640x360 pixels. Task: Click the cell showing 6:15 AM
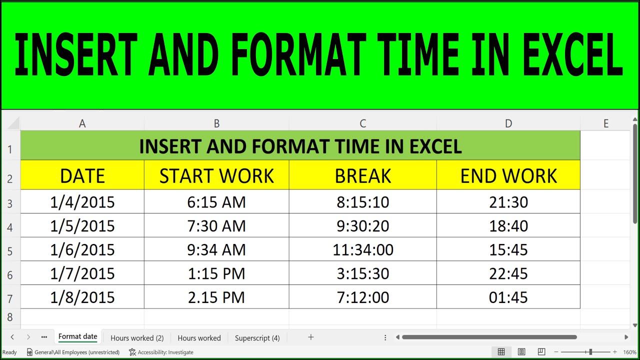pyautogui.click(x=216, y=202)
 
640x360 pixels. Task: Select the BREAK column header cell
pyautogui.click(x=362, y=175)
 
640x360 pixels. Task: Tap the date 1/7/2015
pyautogui.click(x=82, y=273)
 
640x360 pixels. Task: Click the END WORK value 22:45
pyautogui.click(x=508, y=273)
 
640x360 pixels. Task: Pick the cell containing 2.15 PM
pyautogui.click(x=216, y=297)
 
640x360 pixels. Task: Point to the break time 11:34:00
pyautogui.click(x=362, y=249)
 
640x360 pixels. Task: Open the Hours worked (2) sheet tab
pyautogui.click(x=137, y=338)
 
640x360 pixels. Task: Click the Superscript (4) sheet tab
pyautogui.click(x=257, y=338)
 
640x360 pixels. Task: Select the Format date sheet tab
pyautogui.click(x=77, y=336)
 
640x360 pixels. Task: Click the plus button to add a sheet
pyautogui.click(x=310, y=337)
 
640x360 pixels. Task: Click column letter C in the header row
pyautogui.click(x=362, y=123)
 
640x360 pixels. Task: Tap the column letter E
pyautogui.click(x=605, y=123)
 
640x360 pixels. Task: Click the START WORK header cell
pyautogui.click(x=216, y=175)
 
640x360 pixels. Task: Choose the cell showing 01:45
pyautogui.click(x=508, y=297)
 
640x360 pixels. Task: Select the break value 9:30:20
pyautogui.click(x=362, y=226)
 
